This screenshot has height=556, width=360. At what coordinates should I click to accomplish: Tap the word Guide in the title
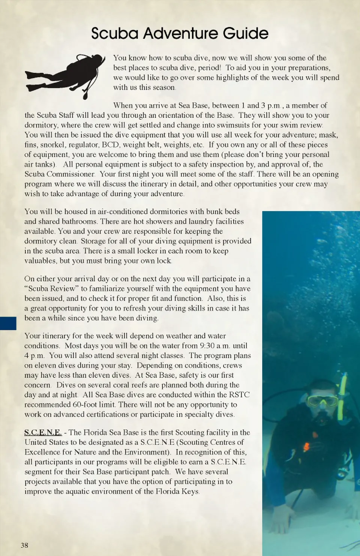pos(246,33)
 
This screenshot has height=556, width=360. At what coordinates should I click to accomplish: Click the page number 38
pos(24,545)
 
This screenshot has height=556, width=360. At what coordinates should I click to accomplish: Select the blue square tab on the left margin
pos(8,323)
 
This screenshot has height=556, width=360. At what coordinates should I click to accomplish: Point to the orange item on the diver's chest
pos(306,447)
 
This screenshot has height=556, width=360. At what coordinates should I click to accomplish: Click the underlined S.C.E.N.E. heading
pos(43,432)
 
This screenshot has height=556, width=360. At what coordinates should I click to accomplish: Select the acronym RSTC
pos(239,394)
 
